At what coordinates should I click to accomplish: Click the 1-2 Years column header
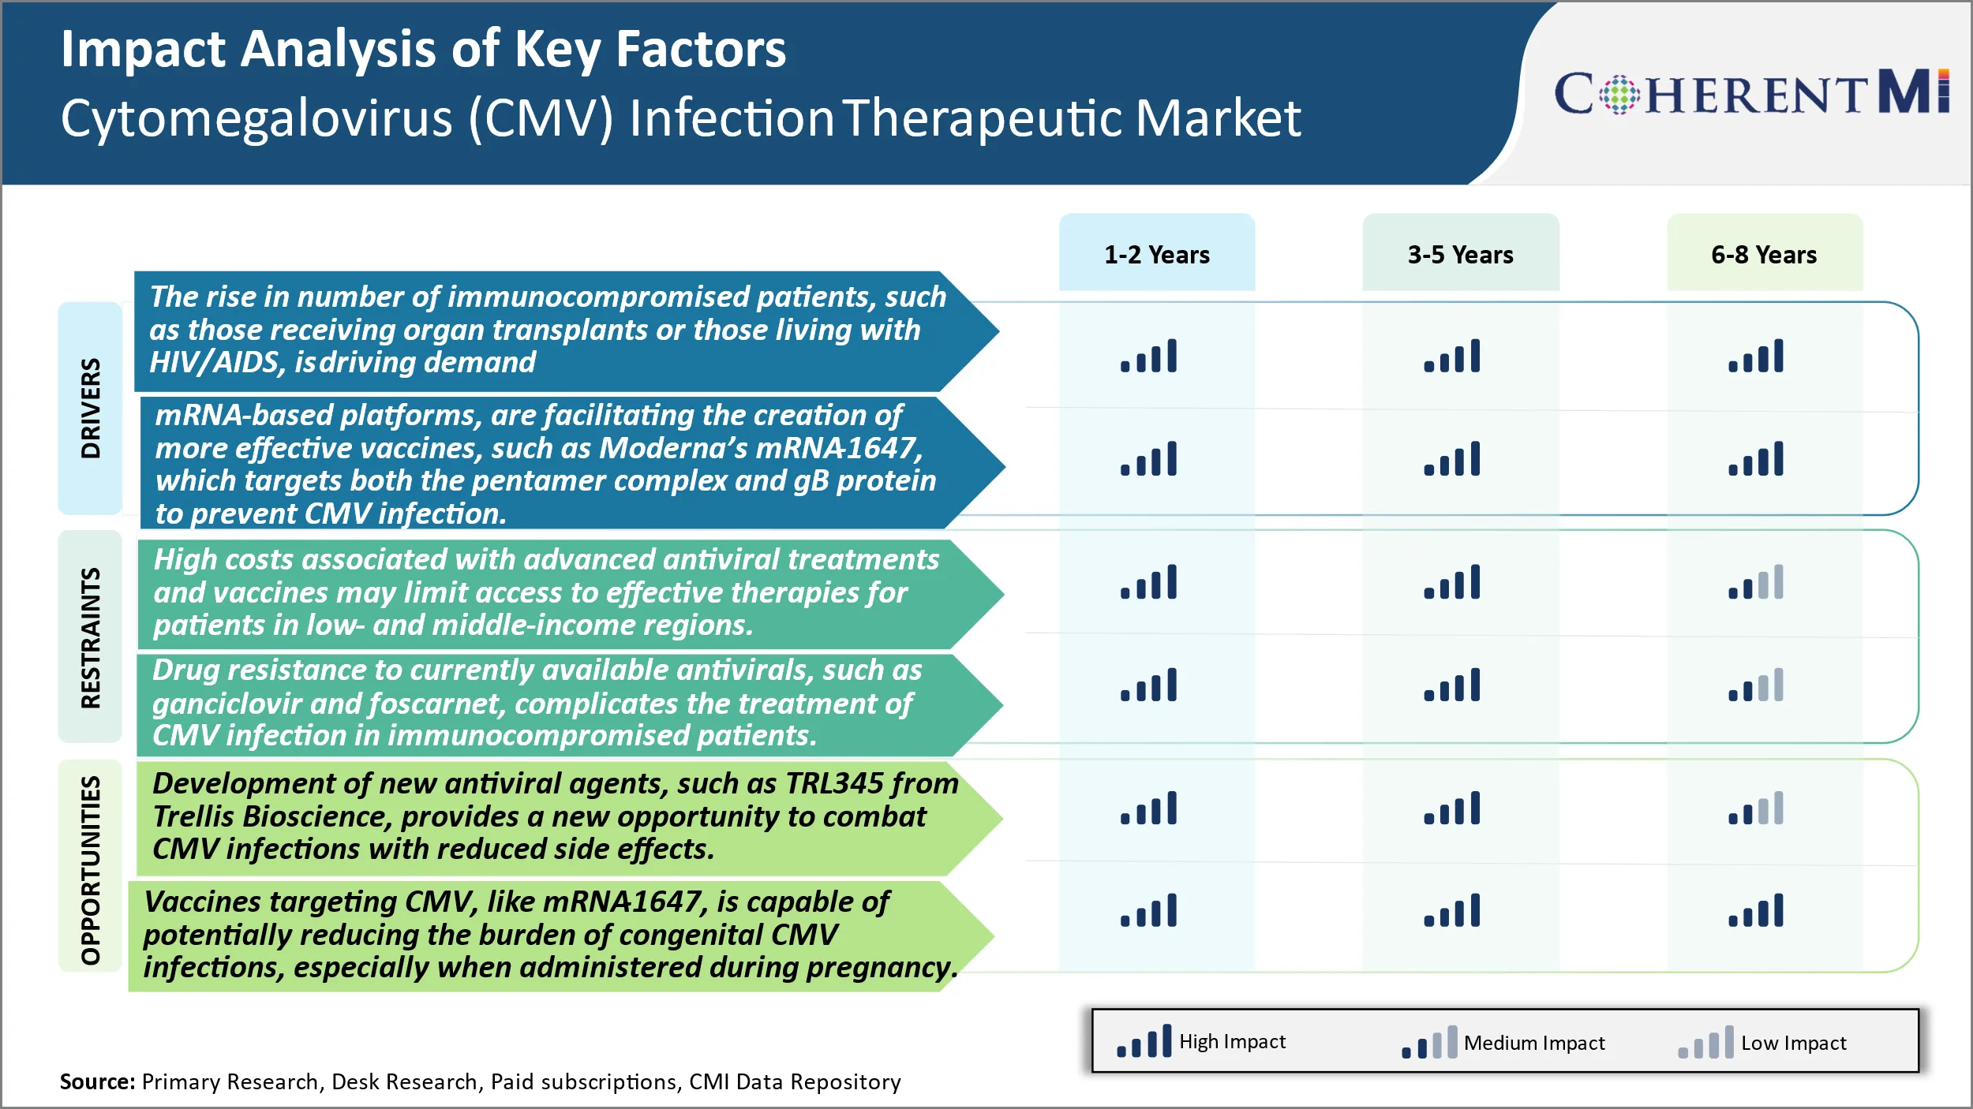[x=1156, y=255]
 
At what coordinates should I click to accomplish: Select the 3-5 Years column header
[x=1460, y=255]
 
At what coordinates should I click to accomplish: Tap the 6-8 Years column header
[x=1764, y=255]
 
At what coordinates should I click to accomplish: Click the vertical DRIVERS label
[x=91, y=409]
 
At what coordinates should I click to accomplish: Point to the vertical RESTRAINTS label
[x=91, y=637]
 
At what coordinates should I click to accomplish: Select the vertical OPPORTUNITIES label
[x=91, y=870]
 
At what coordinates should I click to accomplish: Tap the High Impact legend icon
[x=1144, y=1042]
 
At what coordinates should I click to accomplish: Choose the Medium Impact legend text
[x=1533, y=1043]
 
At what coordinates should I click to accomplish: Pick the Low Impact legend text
[x=1793, y=1043]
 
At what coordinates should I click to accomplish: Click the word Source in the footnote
[x=97, y=1081]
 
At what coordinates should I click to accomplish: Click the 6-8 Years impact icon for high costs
[x=1756, y=582]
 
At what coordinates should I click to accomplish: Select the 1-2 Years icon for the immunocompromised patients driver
[x=1149, y=356]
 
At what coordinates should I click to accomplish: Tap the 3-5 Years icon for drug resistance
[x=1452, y=685]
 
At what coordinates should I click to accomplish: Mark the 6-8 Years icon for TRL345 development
[x=1756, y=808]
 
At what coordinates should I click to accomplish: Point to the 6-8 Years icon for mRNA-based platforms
[x=1756, y=459]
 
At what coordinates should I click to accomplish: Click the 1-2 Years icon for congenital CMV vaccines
[x=1149, y=910]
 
